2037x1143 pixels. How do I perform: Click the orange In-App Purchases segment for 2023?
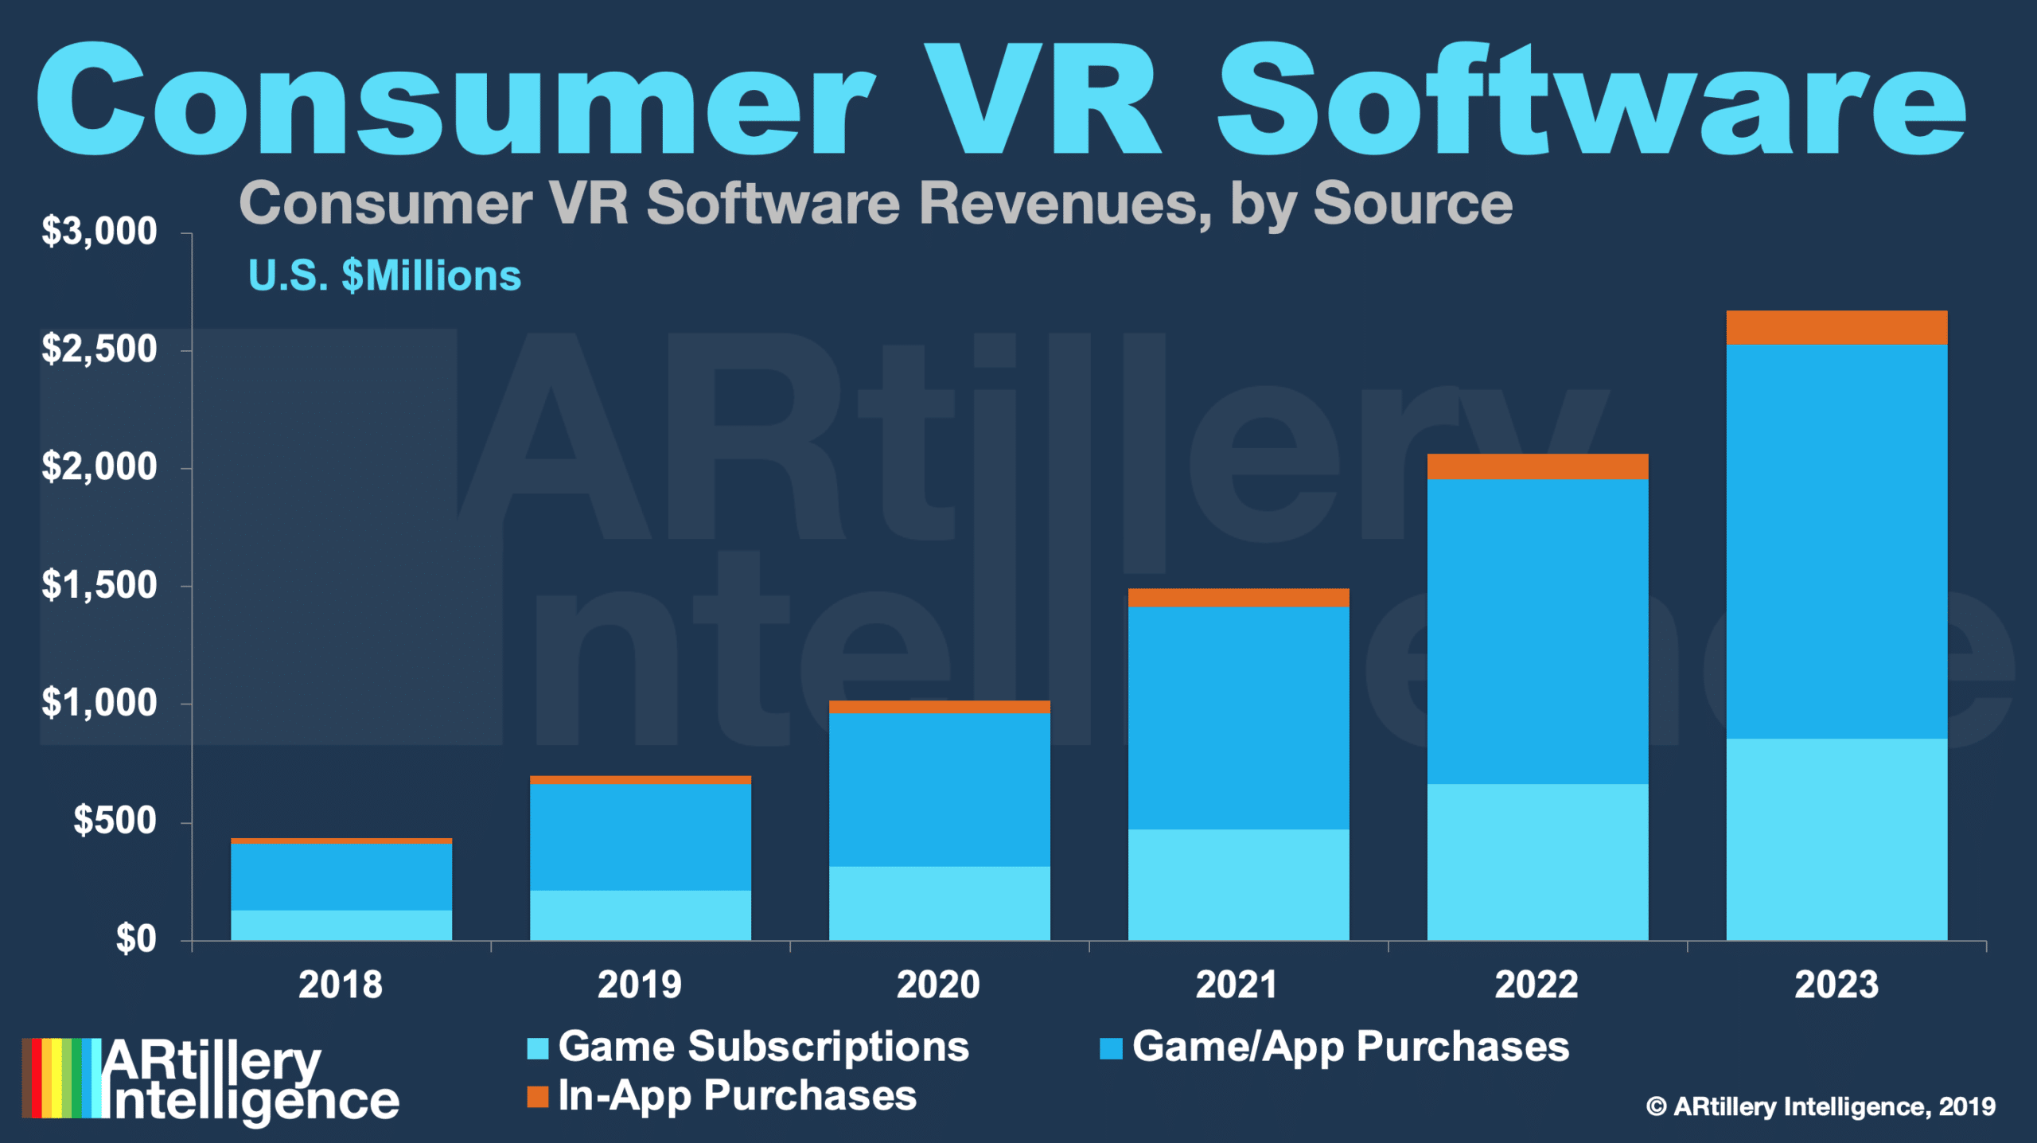(x=1836, y=327)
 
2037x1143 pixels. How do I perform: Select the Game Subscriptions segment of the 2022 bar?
(x=1537, y=862)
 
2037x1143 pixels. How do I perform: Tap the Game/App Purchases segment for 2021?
(x=1238, y=718)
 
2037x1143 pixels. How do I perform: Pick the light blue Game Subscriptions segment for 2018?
(x=341, y=925)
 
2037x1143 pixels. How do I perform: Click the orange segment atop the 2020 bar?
(x=939, y=707)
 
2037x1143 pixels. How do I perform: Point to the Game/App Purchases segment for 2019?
(x=641, y=837)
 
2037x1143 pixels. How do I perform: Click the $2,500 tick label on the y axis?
(x=99, y=349)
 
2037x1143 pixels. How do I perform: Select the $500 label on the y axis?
(x=115, y=821)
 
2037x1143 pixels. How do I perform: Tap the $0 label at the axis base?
(x=136, y=939)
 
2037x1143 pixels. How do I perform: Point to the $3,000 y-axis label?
(x=99, y=232)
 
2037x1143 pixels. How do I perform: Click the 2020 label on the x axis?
(x=939, y=985)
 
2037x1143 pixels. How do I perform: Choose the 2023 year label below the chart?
(x=1836, y=985)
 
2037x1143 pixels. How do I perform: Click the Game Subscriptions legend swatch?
(x=538, y=1048)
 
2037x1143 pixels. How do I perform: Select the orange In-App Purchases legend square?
(x=538, y=1097)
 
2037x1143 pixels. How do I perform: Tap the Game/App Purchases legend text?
(x=1350, y=1047)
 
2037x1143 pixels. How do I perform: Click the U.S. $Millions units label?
(x=384, y=276)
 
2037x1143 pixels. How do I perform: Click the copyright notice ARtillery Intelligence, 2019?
(x=1821, y=1106)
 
